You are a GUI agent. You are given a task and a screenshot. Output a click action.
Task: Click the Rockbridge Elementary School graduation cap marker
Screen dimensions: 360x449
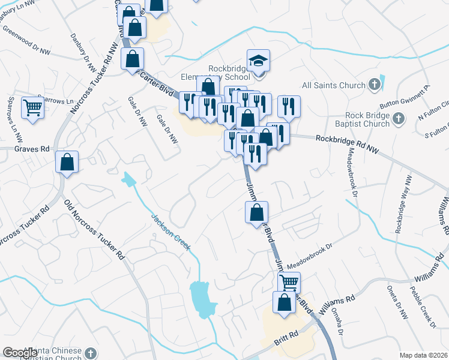tap(258, 61)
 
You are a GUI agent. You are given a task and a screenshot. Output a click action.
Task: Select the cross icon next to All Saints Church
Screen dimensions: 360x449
tap(375, 84)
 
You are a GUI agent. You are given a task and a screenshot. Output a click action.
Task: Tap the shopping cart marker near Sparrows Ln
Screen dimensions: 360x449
tap(33, 108)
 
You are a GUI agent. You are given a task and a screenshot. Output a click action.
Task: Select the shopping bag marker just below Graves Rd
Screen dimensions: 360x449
tap(67, 162)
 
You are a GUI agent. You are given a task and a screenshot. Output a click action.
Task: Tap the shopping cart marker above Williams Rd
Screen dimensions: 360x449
tap(289, 282)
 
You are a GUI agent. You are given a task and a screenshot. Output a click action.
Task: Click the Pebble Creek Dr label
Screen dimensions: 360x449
tap(421, 306)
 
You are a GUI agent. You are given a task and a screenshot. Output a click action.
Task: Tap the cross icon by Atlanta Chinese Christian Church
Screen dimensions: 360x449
tap(91, 352)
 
